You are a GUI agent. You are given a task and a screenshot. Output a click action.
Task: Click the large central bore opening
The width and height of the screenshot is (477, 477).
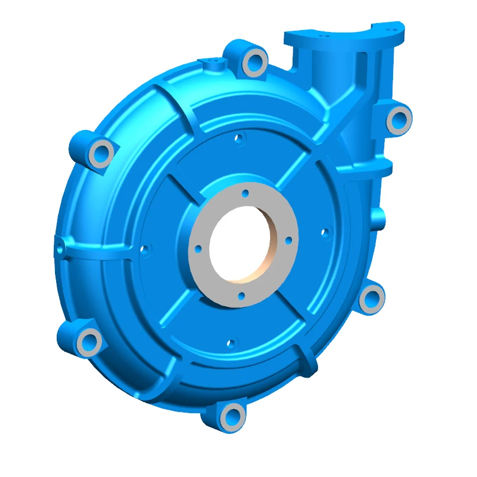[x=242, y=245]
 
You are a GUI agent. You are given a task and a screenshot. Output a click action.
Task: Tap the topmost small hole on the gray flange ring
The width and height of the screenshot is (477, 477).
[x=245, y=193]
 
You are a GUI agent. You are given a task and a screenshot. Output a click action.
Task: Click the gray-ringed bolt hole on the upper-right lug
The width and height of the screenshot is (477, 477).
[x=397, y=120]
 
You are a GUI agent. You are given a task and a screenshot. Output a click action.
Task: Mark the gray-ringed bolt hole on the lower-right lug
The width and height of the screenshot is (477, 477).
[x=371, y=297]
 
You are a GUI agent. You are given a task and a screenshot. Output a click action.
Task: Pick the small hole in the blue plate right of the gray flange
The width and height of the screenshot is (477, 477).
[x=324, y=233]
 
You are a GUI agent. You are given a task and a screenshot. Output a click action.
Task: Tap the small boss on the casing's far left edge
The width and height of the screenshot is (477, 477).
[x=60, y=246]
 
